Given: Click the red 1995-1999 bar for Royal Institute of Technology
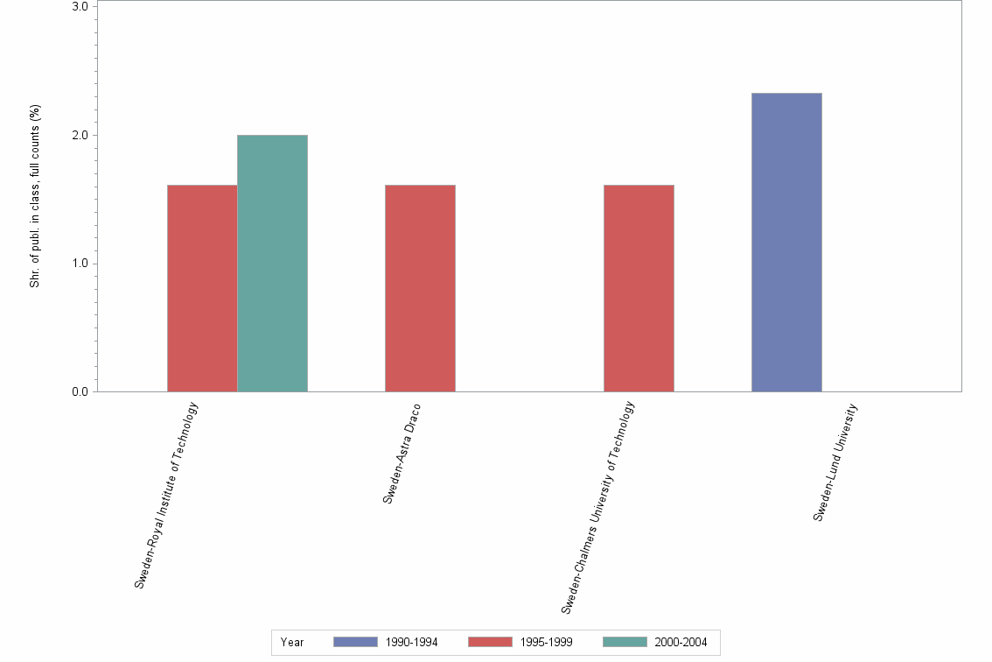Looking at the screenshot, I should click(202, 288).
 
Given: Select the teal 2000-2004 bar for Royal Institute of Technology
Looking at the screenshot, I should click(272, 263).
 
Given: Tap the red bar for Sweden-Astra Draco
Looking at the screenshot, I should click(420, 288).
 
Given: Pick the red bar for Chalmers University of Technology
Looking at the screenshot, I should click(639, 288).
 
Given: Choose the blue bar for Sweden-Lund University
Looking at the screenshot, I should click(786, 242).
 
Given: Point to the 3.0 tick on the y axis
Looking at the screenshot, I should click(79, 7).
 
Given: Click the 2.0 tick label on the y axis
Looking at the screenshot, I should click(79, 136).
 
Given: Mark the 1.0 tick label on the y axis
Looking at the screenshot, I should click(79, 264).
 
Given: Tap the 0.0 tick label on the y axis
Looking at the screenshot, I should click(79, 392).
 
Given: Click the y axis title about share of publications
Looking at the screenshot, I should click(35, 196).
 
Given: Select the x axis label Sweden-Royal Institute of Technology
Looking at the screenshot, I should click(167, 495).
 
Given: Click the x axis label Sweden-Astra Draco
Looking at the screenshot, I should click(402, 454).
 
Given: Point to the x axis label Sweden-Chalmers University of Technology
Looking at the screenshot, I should click(597, 507).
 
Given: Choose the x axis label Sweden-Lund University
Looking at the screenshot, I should click(835, 462).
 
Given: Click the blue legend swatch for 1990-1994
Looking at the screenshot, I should click(355, 643).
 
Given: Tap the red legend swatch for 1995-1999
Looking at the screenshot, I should click(490, 643).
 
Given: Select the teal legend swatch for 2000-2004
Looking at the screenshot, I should click(625, 643).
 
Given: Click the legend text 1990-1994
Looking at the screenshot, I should click(412, 643).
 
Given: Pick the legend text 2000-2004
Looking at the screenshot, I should click(682, 643).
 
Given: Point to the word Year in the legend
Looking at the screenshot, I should click(292, 643).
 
